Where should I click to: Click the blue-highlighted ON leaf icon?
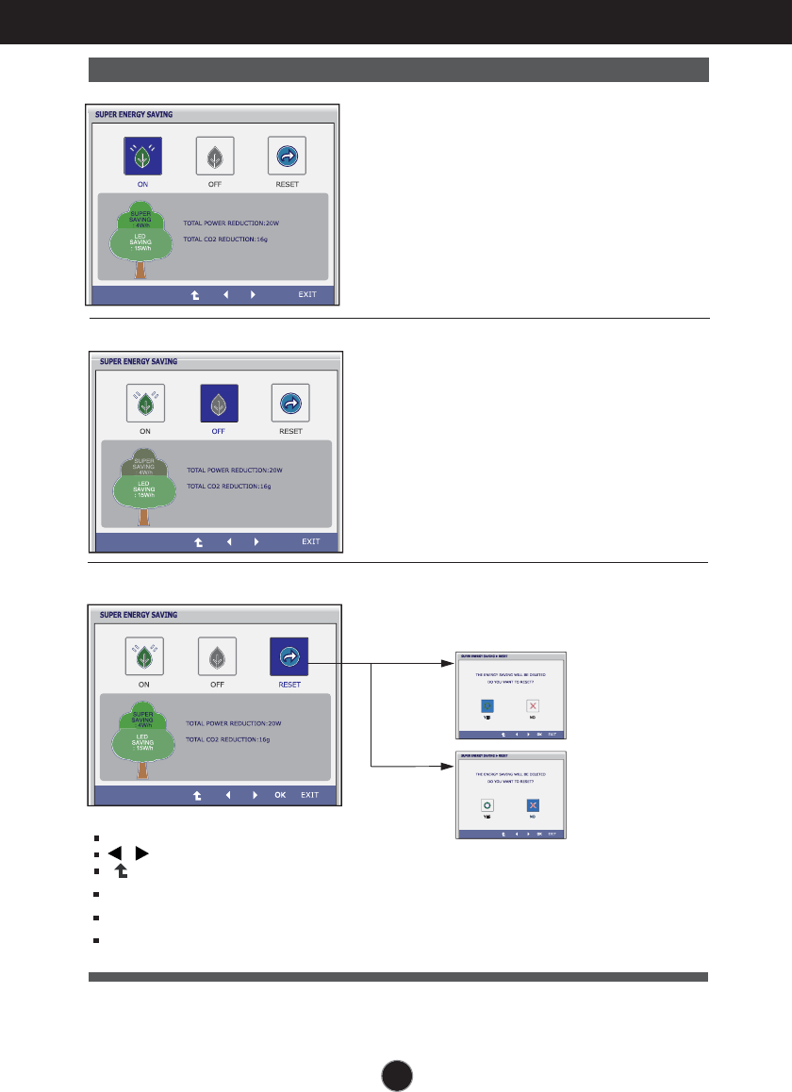pyautogui.click(x=142, y=157)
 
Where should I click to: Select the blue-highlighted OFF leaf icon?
pyautogui.click(x=218, y=404)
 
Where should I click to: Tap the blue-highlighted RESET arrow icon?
pyautogui.click(x=289, y=656)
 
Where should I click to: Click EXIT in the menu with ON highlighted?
pyautogui.click(x=307, y=294)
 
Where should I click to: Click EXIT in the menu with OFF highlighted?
pyautogui.click(x=311, y=541)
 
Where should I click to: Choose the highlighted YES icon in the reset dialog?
pyautogui.click(x=487, y=704)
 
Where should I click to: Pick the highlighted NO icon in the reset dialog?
pyautogui.click(x=533, y=804)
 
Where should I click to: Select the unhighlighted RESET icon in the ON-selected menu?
pyautogui.click(x=287, y=157)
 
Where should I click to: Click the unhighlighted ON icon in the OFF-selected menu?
pyautogui.click(x=145, y=404)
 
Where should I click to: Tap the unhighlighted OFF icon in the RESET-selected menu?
pyautogui.click(x=217, y=656)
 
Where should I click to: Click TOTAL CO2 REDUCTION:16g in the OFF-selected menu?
pyautogui.click(x=229, y=486)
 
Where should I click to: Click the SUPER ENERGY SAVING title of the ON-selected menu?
pyautogui.click(x=134, y=114)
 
